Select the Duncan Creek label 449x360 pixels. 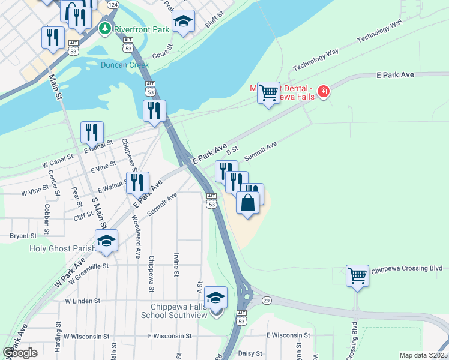125,65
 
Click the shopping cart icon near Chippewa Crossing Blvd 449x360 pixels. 357,276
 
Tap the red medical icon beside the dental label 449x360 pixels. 324,91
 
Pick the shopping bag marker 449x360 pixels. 248,203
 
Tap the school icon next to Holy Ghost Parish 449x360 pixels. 106,240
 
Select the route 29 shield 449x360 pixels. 267,299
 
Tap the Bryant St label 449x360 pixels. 23,236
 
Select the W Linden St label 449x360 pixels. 83,301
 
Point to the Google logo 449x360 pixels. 20,353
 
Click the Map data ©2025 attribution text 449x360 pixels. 423,355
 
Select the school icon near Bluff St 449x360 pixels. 184,22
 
